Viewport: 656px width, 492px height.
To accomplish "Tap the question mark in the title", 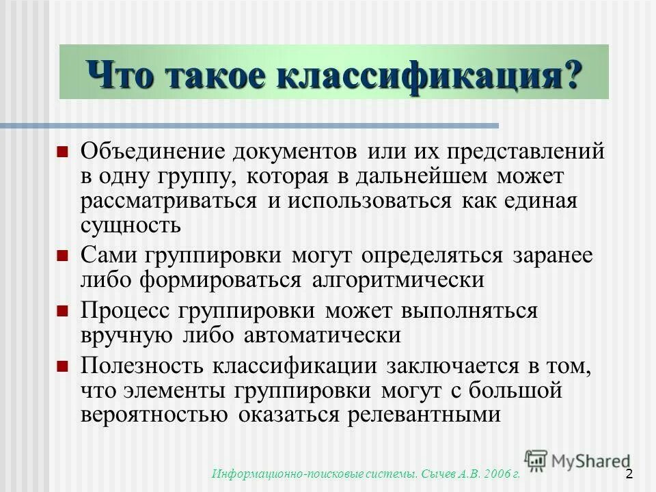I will coord(569,72).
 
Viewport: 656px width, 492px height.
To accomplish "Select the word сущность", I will coord(131,225).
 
